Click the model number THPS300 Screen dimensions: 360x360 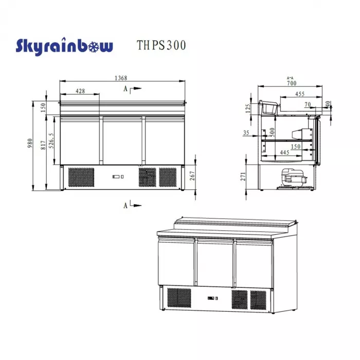pos(161,46)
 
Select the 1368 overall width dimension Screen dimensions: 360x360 pos(121,78)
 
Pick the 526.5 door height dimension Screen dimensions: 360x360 pos(51,141)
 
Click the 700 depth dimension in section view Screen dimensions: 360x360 pos(292,83)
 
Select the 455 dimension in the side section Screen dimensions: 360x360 pos(300,94)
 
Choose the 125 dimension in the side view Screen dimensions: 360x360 pos(247,109)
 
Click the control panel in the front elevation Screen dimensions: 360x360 pos(118,177)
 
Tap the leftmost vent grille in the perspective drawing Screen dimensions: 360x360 pos(179,298)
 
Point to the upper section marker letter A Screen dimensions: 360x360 pos(125,89)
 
